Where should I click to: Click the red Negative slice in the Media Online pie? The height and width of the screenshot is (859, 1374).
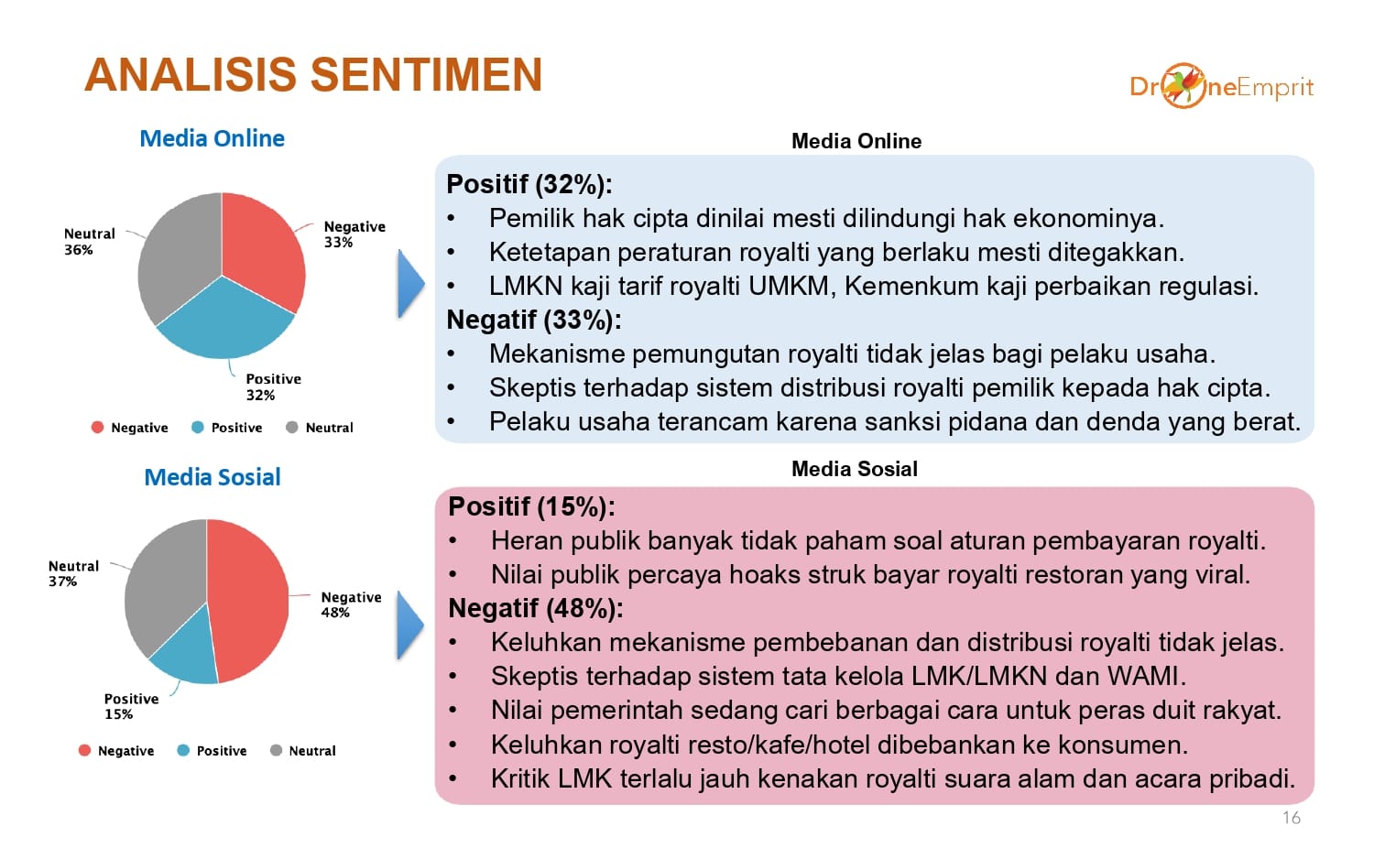coord(261,252)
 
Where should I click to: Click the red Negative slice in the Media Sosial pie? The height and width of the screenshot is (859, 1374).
coord(248,601)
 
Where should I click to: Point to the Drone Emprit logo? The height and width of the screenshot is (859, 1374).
coord(1221,86)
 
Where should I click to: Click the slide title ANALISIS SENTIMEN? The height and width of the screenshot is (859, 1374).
coord(313,75)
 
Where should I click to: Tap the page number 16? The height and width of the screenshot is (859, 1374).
coord(1292,817)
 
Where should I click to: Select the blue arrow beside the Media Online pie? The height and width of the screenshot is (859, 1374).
coord(410,284)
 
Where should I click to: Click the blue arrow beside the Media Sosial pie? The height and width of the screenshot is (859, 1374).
coord(409,625)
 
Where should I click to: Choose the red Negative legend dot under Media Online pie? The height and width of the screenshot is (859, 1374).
coord(97,428)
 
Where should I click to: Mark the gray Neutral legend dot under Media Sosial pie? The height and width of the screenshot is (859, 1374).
coord(276,750)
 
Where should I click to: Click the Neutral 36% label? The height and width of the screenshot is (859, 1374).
coord(90,242)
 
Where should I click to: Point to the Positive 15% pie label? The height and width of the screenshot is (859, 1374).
coord(131,706)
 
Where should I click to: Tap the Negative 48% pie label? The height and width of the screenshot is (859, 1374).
coord(351,604)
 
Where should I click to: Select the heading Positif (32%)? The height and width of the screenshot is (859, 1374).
coord(529,184)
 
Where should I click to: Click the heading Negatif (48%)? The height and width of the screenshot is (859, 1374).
coord(536,608)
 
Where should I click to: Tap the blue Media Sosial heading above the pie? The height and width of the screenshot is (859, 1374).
coord(213,477)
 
